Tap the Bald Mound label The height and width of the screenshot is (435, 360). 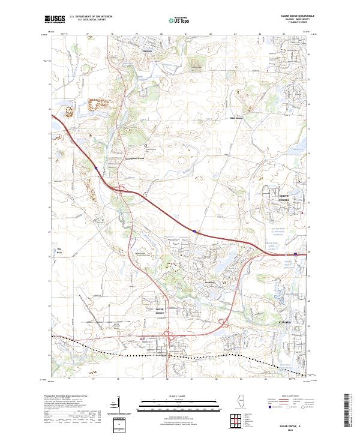pos(238,118)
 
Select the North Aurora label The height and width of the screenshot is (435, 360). pos(284,199)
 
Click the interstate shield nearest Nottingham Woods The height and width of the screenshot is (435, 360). pos(96,169)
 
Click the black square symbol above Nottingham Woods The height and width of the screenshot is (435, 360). pos(145,145)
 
